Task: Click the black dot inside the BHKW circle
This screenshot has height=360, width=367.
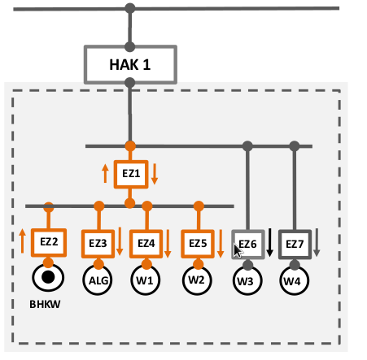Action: tap(48, 277)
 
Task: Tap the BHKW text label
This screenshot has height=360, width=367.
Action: tap(45, 305)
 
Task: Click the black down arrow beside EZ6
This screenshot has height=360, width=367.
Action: tap(269, 243)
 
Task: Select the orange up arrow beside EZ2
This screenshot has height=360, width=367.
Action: tap(23, 241)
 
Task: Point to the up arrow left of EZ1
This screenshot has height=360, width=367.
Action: tap(105, 174)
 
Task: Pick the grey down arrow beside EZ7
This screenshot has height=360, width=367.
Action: tap(317, 243)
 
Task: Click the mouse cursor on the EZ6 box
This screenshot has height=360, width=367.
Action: tap(238, 250)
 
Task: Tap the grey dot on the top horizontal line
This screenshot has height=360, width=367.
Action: tap(130, 8)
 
